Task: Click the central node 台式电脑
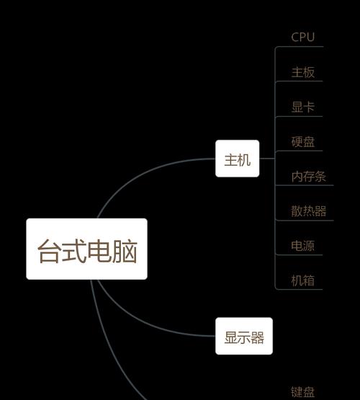[x=86, y=249]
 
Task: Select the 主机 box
[x=237, y=159]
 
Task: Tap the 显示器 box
[x=244, y=336]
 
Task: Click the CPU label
[x=302, y=37]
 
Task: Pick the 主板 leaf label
[x=303, y=72]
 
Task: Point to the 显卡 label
[x=303, y=107]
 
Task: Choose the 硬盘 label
[x=303, y=141]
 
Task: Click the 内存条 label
[x=309, y=177]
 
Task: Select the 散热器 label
[x=309, y=211]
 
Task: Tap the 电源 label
[x=303, y=246]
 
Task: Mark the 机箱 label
[x=303, y=280]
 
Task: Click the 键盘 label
[x=303, y=392]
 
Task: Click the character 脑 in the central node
[x=125, y=251]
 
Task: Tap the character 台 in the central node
[x=50, y=251]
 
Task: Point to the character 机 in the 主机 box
[x=244, y=160]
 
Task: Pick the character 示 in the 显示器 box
[x=244, y=337]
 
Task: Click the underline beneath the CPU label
[x=300, y=47]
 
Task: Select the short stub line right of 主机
[x=267, y=159]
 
